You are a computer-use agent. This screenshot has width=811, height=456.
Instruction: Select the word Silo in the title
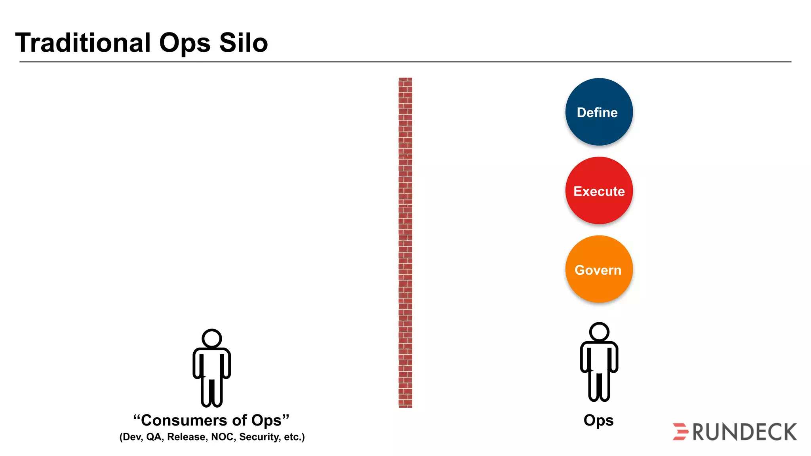click(243, 43)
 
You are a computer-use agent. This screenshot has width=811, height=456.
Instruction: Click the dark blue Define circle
click(599, 112)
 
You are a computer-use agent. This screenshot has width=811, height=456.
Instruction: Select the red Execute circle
click(599, 191)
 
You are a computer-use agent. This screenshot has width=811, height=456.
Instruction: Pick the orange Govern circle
click(599, 270)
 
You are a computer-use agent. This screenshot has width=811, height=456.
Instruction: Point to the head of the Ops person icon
click(599, 332)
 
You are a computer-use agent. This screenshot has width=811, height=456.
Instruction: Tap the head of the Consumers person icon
click(211, 338)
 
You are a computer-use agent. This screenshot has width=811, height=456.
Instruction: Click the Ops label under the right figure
click(598, 420)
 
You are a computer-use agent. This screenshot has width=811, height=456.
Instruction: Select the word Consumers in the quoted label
click(184, 420)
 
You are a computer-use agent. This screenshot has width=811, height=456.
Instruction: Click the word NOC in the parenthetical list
click(223, 437)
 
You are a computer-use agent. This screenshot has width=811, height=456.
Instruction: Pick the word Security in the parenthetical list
click(259, 437)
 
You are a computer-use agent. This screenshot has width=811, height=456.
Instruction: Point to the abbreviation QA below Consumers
click(154, 437)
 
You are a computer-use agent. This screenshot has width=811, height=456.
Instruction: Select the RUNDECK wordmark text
click(744, 432)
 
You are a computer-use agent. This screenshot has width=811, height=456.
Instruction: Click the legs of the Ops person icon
click(599, 386)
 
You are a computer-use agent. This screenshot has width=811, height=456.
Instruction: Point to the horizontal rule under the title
click(405, 62)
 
